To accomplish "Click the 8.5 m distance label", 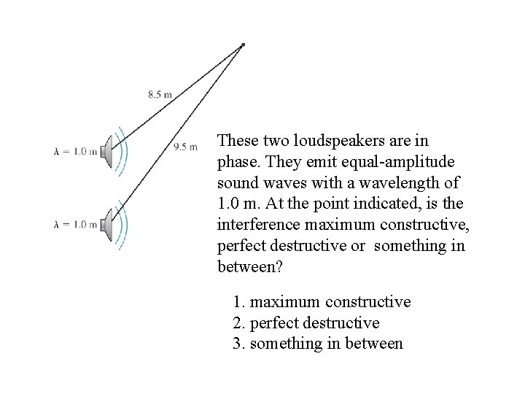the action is tap(160, 94).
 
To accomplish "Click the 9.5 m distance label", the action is tap(185, 147).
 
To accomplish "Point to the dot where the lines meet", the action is tap(243, 45).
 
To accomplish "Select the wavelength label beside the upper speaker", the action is tap(75, 152).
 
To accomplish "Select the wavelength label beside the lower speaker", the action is tap(75, 223).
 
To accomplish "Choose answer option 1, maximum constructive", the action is tap(322, 302).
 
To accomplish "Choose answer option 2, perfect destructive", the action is tap(306, 322).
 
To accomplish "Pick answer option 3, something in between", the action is tap(318, 343).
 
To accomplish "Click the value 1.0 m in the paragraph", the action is tap(235, 202).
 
